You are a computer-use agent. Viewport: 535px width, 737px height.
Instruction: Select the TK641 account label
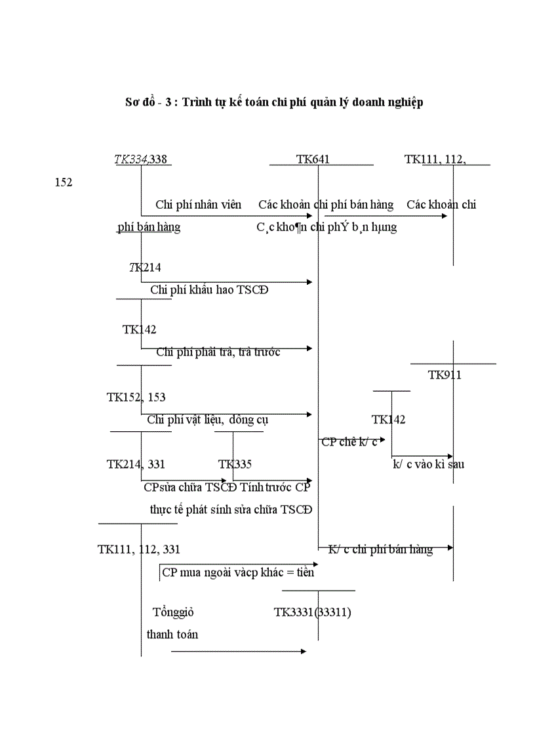pos(313,159)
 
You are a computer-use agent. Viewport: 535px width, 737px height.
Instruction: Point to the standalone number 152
pos(64,182)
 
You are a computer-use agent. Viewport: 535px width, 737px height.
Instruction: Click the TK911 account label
pos(445,375)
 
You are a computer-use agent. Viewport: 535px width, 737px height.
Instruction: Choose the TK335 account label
pos(235,465)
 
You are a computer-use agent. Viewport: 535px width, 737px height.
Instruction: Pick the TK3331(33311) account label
pos(313,612)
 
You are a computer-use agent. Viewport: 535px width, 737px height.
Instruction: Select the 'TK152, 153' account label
pos(136,397)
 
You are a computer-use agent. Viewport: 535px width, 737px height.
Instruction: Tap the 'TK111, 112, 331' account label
pos(139,550)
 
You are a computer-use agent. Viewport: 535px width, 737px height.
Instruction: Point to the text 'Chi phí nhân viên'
pos(198,205)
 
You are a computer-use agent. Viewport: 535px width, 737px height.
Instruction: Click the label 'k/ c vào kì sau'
pos(428,465)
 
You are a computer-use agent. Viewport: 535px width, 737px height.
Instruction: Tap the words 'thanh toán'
pos(172,635)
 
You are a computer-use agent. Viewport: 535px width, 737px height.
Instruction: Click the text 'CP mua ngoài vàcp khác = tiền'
pos(238,572)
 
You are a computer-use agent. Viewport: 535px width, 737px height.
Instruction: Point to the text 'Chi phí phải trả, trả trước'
pos(218,352)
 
